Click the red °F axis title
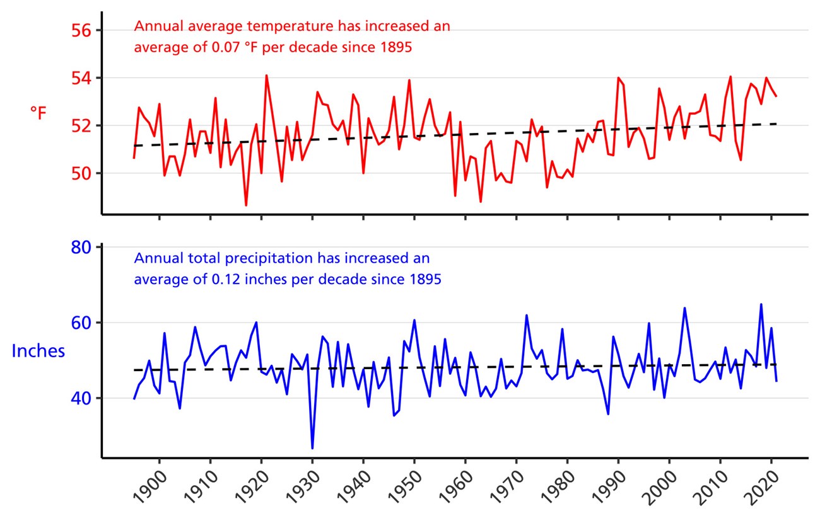click(x=38, y=113)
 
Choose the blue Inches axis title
click(x=38, y=352)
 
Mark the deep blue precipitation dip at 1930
click(x=312, y=448)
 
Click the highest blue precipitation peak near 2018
click(x=761, y=304)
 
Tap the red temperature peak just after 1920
click(x=266, y=76)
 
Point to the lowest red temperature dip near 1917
click(x=246, y=205)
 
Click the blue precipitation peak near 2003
click(x=684, y=308)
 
